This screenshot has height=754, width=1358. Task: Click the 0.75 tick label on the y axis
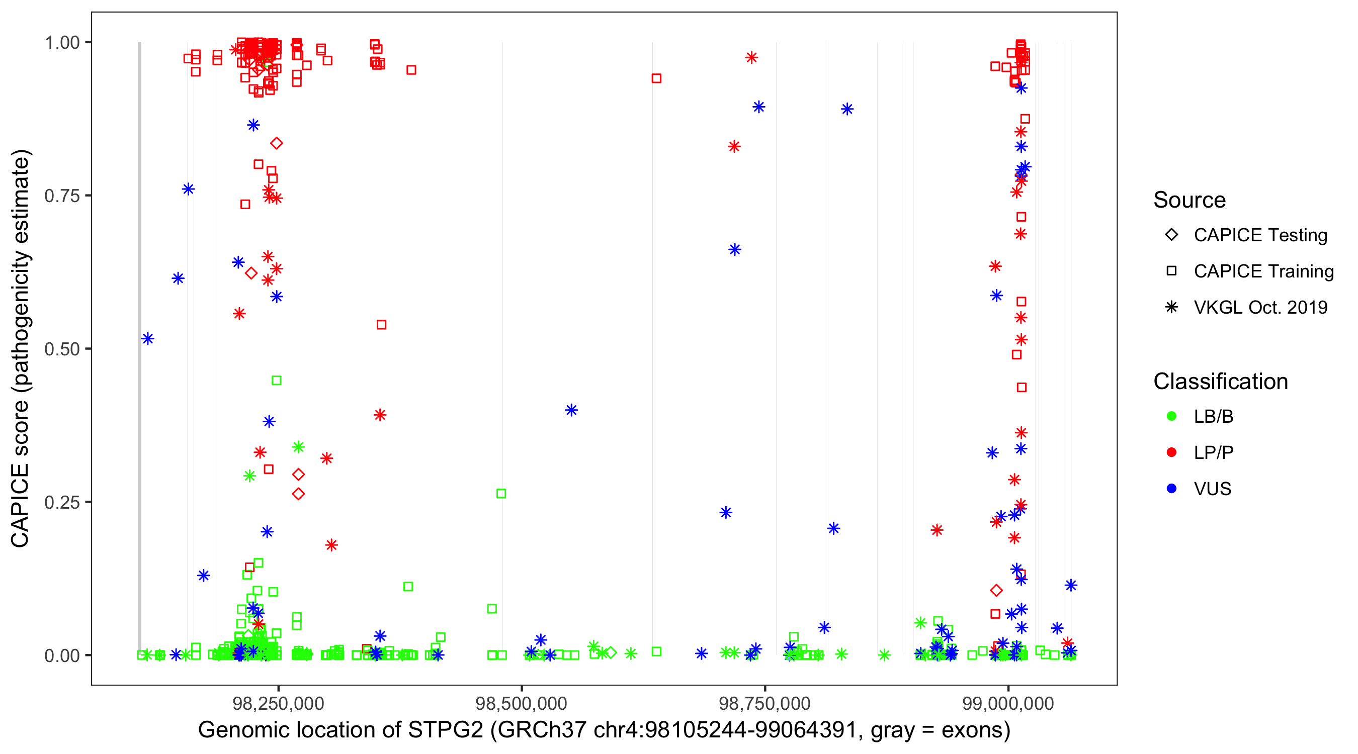(61, 196)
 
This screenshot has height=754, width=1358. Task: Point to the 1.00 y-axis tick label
(61, 43)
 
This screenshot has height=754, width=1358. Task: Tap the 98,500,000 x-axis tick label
(522, 703)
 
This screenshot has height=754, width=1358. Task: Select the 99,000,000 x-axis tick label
(1008, 703)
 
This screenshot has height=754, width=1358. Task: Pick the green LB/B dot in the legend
(1171, 416)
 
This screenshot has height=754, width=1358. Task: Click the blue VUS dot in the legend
(1171, 489)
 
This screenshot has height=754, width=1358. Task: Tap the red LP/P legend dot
(1171, 452)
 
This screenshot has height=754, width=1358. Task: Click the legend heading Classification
(1220, 382)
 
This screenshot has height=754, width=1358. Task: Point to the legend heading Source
(1190, 200)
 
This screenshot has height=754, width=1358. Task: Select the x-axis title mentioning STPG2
(604, 730)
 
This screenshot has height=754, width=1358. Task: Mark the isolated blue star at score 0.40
(571, 410)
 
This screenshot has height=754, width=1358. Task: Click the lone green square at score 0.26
(501, 494)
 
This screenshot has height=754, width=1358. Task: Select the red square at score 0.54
(382, 325)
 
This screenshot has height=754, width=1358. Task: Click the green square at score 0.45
(276, 381)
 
